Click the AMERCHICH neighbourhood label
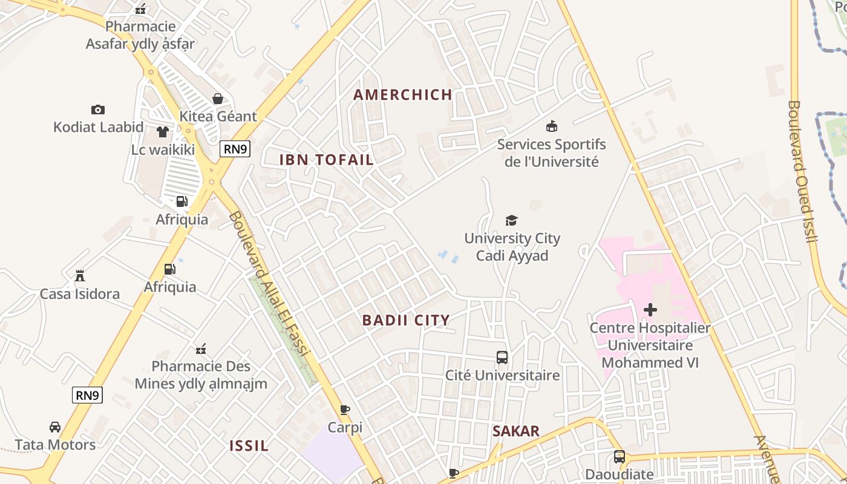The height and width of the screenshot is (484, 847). point(403,94)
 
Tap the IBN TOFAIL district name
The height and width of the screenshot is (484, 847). point(326,160)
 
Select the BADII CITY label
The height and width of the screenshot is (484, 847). point(406,320)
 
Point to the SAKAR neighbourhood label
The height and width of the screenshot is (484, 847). point(515,431)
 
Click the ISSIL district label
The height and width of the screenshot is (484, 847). point(249,446)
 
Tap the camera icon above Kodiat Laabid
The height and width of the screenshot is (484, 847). point(98,110)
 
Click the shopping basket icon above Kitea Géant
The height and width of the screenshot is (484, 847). point(218,99)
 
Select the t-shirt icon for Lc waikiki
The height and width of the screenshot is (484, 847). point(162,131)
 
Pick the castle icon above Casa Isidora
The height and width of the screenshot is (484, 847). point(79,276)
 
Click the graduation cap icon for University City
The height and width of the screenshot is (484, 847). point(512,220)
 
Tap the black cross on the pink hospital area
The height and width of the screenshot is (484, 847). point(650,310)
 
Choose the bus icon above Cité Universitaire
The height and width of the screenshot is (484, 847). point(502,357)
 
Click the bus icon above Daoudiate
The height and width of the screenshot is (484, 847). point(620,456)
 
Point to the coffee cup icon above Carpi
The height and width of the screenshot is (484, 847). point(345,410)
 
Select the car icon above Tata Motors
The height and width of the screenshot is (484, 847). point(55,427)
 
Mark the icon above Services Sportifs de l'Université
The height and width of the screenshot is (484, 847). point(552,126)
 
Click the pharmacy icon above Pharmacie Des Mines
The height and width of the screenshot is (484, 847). point(201,348)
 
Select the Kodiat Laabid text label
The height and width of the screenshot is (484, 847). point(99,127)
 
